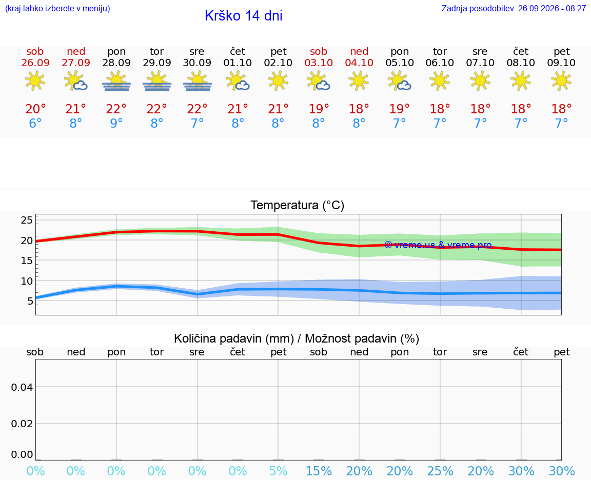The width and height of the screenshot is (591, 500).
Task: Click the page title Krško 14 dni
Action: (244, 16)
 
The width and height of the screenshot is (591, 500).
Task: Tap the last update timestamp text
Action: (514, 9)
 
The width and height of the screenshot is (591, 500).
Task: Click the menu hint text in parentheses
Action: (57, 9)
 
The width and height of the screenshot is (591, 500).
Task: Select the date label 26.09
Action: (35, 63)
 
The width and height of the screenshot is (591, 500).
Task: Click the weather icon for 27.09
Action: (76, 81)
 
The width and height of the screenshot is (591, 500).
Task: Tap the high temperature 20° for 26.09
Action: (35, 109)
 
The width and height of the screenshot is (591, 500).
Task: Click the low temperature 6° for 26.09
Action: (35, 123)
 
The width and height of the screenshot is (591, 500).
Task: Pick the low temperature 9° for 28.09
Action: (116, 123)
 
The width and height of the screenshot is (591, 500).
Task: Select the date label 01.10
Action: (238, 63)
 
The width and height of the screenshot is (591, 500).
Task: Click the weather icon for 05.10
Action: (400, 81)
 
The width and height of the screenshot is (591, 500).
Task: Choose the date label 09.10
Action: (561, 63)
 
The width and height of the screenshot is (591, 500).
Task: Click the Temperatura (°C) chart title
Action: (298, 205)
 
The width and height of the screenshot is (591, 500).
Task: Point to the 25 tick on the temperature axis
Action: (27, 220)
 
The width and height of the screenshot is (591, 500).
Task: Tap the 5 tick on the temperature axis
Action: (30, 301)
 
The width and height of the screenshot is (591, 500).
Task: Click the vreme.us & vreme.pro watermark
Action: (438, 245)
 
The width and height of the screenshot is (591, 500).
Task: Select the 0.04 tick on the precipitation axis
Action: (22, 387)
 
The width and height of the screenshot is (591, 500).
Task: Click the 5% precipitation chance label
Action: (278, 471)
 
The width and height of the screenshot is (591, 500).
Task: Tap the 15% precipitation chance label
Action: (319, 471)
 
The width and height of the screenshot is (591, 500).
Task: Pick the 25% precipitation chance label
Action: (440, 471)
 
